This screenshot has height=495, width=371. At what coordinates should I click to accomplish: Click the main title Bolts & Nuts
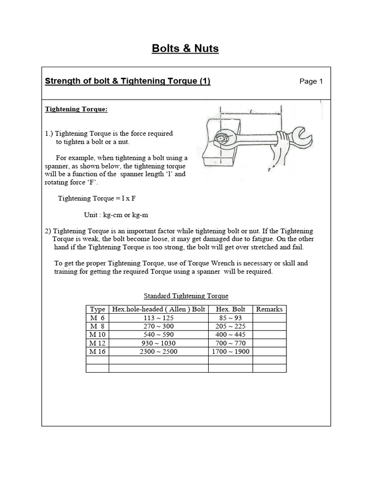click(x=185, y=48)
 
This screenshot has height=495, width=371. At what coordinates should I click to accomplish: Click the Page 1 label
click(x=311, y=81)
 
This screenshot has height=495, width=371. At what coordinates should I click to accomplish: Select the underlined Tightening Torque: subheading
click(x=76, y=109)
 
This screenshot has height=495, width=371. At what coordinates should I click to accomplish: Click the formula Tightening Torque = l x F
click(x=100, y=198)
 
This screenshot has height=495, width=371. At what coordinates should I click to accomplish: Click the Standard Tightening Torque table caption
click(x=186, y=296)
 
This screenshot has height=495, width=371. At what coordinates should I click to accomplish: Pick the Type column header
click(x=98, y=309)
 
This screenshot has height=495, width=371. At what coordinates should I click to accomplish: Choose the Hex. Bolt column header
click(x=230, y=309)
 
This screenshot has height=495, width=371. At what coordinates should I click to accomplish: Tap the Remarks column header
click(x=269, y=309)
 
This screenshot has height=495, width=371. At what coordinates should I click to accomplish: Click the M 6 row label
click(x=97, y=318)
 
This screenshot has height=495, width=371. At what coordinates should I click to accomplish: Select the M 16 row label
click(x=97, y=351)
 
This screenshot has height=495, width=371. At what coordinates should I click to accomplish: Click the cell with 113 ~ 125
click(x=158, y=318)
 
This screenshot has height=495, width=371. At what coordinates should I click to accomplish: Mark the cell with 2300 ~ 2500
click(x=158, y=351)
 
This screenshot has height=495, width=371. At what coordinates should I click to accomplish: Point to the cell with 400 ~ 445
click(x=230, y=335)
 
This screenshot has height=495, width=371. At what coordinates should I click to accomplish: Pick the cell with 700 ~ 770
click(x=230, y=343)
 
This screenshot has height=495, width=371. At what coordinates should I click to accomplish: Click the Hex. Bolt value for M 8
click(x=230, y=326)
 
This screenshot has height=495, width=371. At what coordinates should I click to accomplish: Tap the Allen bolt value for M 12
click(x=158, y=343)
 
